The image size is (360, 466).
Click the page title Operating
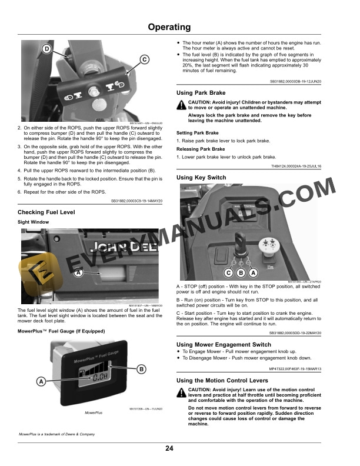169,27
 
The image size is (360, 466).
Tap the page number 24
169,449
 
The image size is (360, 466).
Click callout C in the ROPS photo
144,58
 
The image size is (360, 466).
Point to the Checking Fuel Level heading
46,212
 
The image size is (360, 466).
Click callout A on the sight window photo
78,273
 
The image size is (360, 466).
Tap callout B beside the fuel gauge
141,369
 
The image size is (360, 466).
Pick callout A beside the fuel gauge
42,381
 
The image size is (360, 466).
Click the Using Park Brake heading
201,93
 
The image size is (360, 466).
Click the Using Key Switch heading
201,177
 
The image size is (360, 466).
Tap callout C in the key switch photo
228,273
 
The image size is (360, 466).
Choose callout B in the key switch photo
241,273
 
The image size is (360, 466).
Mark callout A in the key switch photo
253,273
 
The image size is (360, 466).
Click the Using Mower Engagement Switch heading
224,344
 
